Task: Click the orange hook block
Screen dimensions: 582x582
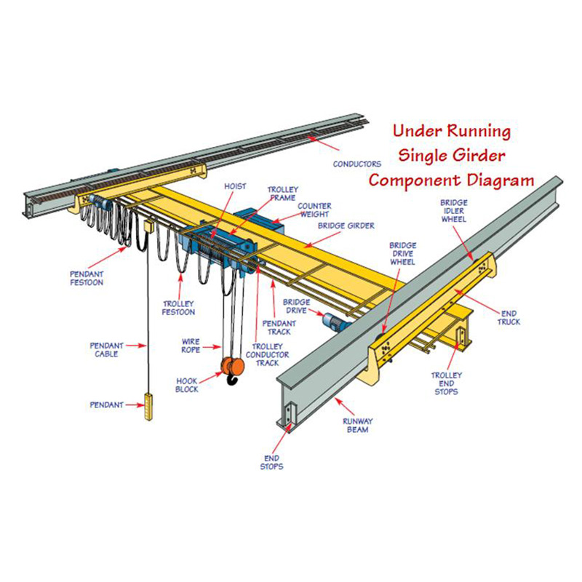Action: pos(233,367)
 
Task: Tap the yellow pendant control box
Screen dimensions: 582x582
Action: pos(148,407)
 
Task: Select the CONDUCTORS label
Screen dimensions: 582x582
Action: pos(356,164)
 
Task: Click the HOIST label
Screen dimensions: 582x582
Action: pos(235,186)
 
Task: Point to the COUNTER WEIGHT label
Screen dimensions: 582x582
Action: pos(314,210)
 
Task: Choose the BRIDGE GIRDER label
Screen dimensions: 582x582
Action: pos(346,226)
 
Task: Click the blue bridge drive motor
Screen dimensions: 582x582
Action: pos(335,321)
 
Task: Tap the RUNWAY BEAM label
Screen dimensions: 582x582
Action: pos(357,426)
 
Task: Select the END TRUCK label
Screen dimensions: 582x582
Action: pos(509,318)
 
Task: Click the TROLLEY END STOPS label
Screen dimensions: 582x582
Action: pos(447,383)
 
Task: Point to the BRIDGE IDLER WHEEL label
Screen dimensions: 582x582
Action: pos(453,211)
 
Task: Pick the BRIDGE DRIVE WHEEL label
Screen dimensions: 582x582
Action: pos(403,253)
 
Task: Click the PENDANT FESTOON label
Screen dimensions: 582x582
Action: pos(87,279)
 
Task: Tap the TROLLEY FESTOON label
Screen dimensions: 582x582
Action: pos(178,308)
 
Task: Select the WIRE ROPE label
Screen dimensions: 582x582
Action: pos(191,346)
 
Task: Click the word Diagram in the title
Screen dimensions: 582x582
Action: pos(501,180)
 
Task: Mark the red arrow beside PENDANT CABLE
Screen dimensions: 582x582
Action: pos(136,346)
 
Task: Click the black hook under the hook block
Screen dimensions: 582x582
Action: pos(232,380)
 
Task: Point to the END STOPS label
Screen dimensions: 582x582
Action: pos(271,463)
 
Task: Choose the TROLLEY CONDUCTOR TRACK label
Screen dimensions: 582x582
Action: pos(267,354)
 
